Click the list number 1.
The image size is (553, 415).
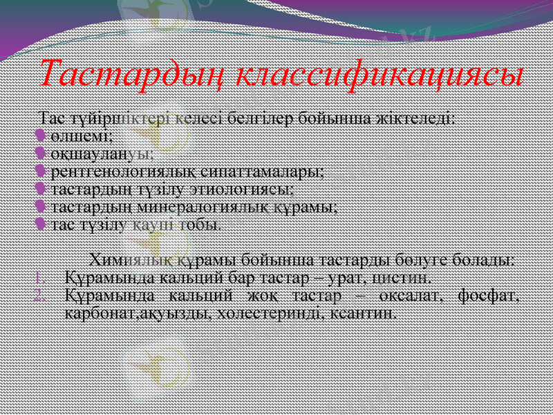click(40, 279)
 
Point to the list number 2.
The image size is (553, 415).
click(40, 297)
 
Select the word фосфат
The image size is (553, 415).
click(489, 297)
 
